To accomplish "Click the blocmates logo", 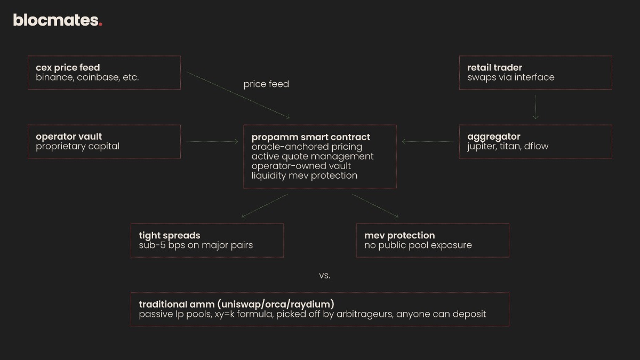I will [57, 20].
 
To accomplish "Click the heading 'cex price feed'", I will [68, 68].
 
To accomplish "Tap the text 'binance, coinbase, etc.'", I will [87, 77].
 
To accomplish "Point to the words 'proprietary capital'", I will [77, 146].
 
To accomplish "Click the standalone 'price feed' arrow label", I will [266, 84].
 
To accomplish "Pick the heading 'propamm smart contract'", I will [310, 137].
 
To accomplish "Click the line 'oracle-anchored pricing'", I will [307, 147].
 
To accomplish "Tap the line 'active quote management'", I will [313, 156].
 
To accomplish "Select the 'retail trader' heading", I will [494, 68].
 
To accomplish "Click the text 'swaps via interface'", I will [511, 77].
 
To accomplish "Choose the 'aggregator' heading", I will [493, 137].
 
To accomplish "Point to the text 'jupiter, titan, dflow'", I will [508, 146].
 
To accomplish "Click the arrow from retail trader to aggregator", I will [535, 107].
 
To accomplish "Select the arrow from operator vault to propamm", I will [212, 141].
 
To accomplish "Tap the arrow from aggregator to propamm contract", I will [428, 141].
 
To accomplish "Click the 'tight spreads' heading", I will [170, 235].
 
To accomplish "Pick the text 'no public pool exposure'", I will [418, 245].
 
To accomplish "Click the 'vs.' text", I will [325, 276].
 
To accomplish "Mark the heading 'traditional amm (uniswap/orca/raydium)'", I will [236, 304].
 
